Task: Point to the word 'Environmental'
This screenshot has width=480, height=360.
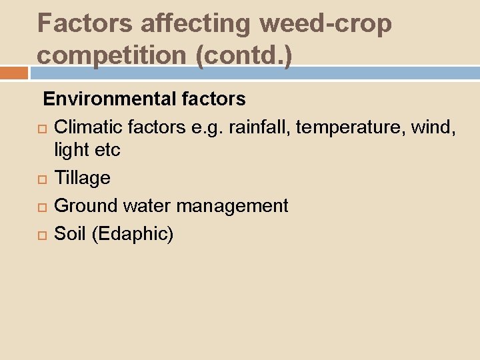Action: [x=110, y=99]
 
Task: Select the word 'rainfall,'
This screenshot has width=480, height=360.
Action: [x=259, y=127]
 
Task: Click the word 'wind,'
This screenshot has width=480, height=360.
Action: [x=434, y=127]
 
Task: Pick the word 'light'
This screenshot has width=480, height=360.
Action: [x=72, y=150]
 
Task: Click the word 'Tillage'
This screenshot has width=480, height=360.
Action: [x=82, y=178]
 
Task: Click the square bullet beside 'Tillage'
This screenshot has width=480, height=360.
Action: [x=44, y=179]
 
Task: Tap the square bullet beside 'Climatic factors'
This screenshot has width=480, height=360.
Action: [x=44, y=128]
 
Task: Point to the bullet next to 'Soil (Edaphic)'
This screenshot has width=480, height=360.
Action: [x=44, y=235]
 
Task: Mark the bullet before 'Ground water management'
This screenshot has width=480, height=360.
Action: [x=44, y=207]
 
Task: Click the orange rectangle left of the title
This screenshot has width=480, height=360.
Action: [x=14, y=73]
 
